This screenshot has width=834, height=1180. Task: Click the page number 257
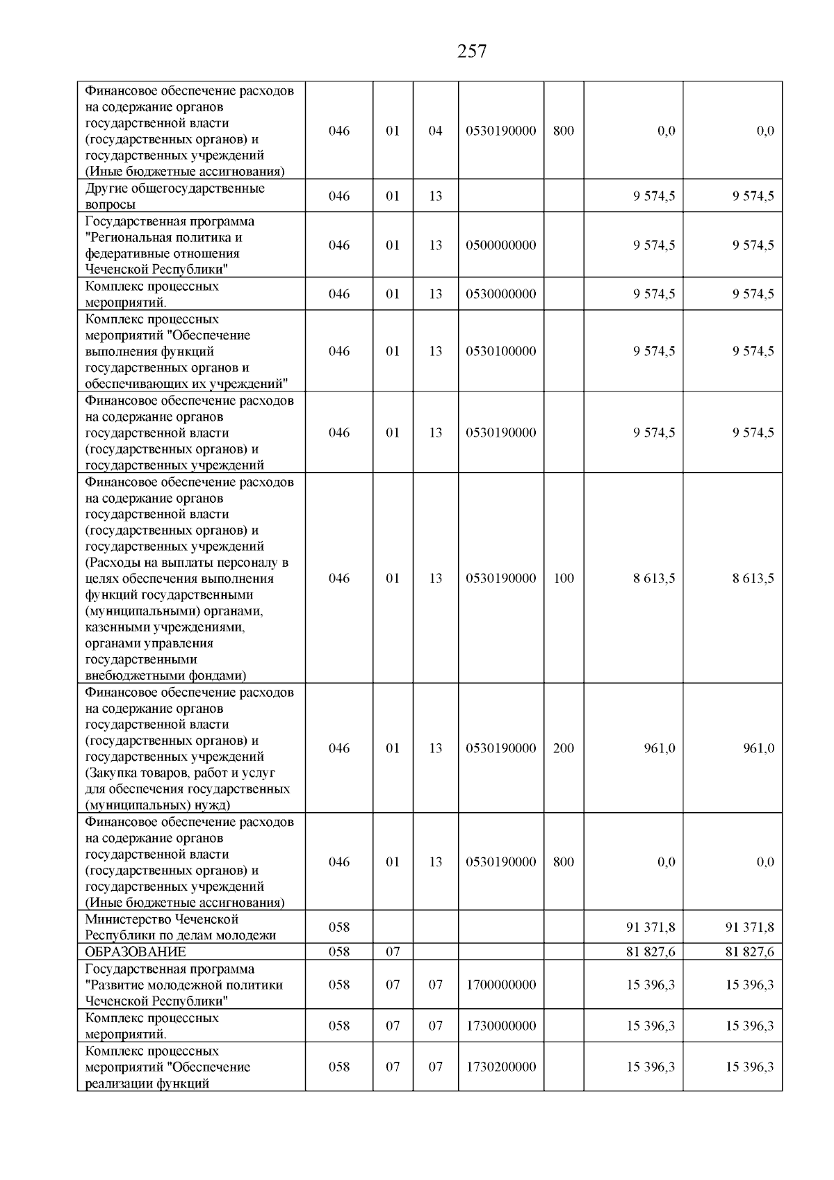tap(472, 51)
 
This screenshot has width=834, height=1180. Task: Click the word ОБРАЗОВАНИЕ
tap(136, 952)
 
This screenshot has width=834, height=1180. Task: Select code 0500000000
tap(501, 245)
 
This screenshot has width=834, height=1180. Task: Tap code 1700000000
tap(501, 985)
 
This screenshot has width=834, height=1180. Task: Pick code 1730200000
tap(501, 1067)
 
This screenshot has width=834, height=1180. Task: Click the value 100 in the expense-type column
tap(564, 578)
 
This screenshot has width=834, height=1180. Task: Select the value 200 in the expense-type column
tap(564, 748)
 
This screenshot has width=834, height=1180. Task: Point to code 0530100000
tap(501, 351)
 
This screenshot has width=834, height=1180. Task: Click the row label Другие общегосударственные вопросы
tap(174, 196)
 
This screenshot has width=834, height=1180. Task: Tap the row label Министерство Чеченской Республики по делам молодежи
tap(181, 927)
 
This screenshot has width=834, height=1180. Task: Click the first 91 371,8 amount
tap(651, 927)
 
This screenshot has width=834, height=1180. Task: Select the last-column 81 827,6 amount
tap(749, 952)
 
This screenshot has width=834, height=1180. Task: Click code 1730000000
tap(501, 1026)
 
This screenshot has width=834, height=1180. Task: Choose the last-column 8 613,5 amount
tap(753, 578)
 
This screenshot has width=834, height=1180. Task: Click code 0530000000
tap(501, 293)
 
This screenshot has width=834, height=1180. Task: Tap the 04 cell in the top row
tap(435, 131)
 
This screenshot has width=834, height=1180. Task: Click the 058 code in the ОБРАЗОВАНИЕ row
tap(339, 952)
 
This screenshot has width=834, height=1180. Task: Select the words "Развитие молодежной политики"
tap(184, 985)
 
